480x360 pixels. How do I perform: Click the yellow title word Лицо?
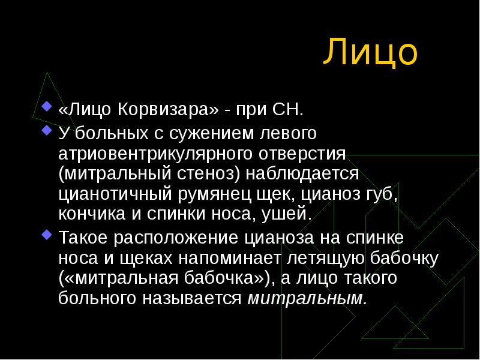pos(370,53)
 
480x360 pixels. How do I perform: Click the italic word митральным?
pos(307,298)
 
